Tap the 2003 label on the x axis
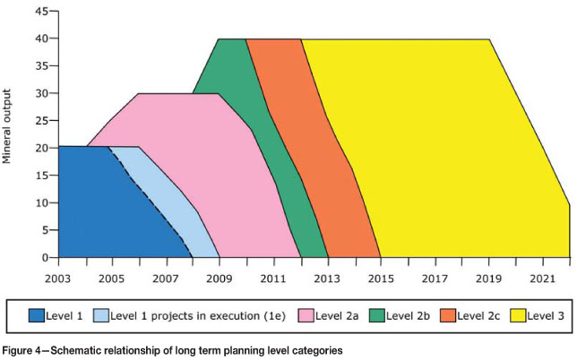coord(58,279)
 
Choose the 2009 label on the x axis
coord(220,279)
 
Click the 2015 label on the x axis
coord(381,279)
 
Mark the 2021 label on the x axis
coord(542,279)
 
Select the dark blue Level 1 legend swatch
coord(37,314)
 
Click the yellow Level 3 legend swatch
coord(517,314)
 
